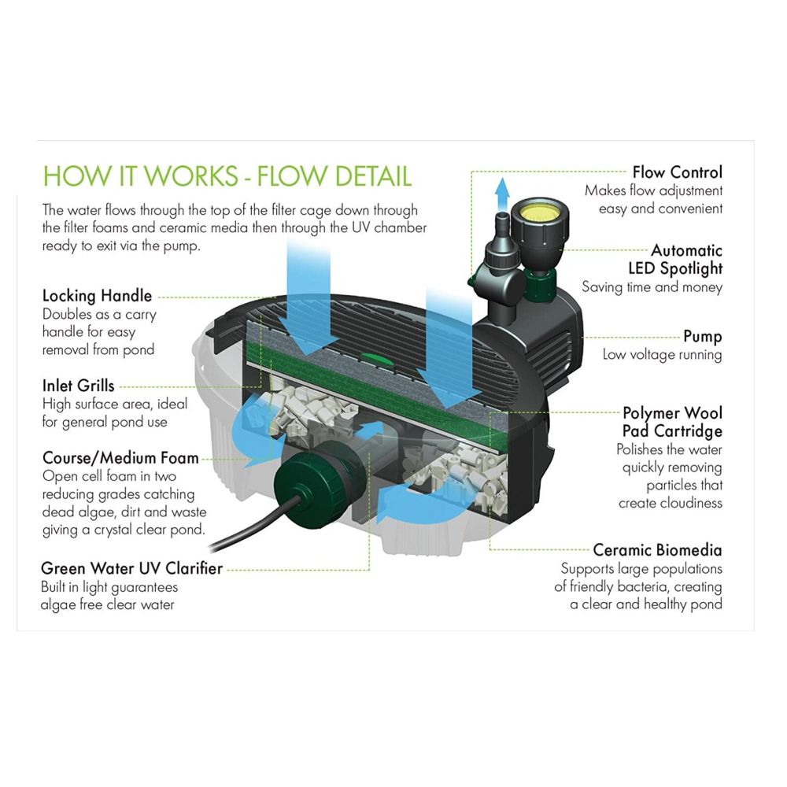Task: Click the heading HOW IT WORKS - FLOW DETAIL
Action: coord(227,176)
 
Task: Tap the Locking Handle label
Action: coord(97,296)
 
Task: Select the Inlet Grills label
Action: coord(78,386)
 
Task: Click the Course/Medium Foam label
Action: coord(120,458)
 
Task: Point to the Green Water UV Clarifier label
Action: coord(131,567)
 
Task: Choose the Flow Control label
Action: coord(677,172)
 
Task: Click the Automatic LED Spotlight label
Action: coord(675,260)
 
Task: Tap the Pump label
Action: coord(703,336)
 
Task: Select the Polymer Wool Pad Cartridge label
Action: coord(672,422)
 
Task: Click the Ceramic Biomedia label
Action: coord(657,549)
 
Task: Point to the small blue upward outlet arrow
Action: coord(501,192)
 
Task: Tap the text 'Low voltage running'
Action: coord(662,355)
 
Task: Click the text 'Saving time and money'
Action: coord(652,287)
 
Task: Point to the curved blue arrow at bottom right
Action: coord(409,501)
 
